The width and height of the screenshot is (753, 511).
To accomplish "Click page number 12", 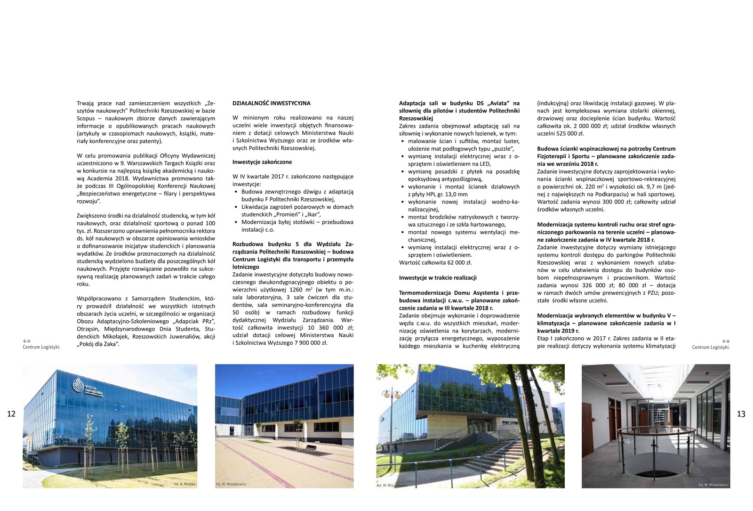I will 11,414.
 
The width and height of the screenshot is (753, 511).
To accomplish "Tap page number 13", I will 741,414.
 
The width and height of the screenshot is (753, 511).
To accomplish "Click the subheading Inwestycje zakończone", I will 262,162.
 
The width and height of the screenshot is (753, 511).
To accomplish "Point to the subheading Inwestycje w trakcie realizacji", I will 438,278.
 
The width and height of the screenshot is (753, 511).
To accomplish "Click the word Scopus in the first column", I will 86,118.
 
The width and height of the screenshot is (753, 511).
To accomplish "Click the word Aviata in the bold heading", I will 500,103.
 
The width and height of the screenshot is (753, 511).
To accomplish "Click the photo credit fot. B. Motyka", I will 184,484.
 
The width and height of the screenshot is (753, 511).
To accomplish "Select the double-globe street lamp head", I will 392,393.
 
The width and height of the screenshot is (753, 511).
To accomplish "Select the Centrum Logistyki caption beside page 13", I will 711,347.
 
